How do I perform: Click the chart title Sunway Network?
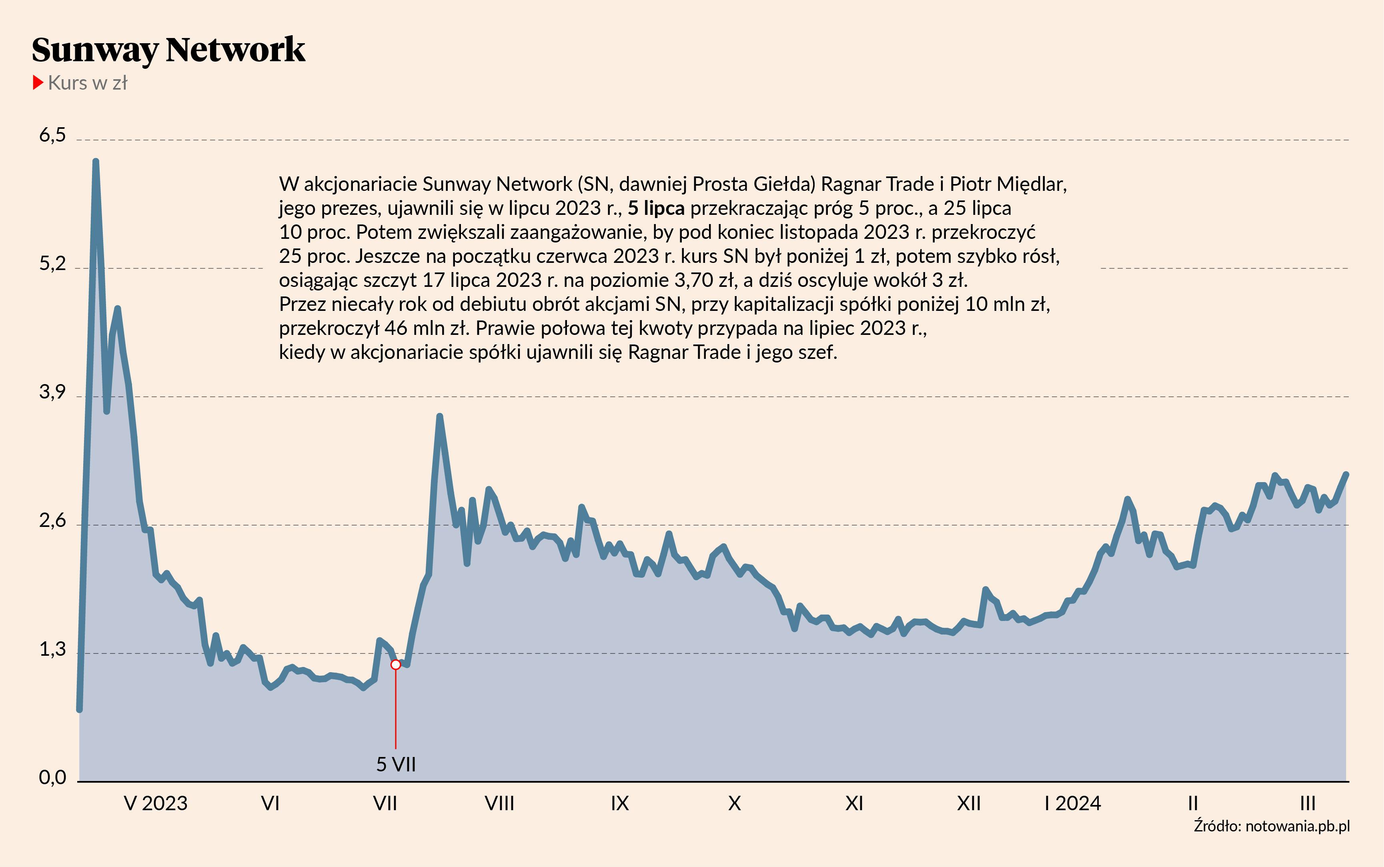pyautogui.click(x=168, y=50)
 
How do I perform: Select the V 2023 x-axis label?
pyautogui.click(x=155, y=803)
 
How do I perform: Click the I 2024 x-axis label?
pyautogui.click(x=1072, y=803)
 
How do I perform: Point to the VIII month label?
pyautogui.click(x=499, y=803)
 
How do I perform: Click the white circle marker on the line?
pyautogui.click(x=396, y=665)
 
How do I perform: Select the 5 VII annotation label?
pyautogui.click(x=396, y=764)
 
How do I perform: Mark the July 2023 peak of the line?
pyautogui.click(x=440, y=416)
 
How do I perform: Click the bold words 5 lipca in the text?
pyautogui.click(x=656, y=208)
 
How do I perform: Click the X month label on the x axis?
pyautogui.click(x=735, y=803)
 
